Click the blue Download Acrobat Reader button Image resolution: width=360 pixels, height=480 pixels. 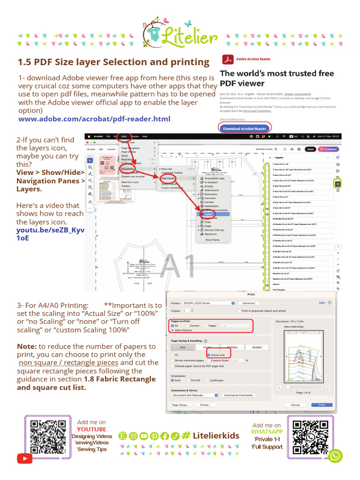click(x=245, y=128)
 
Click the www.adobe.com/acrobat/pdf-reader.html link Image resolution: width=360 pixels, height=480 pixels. click(x=94, y=119)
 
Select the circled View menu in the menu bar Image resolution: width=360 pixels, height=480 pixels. click(x=124, y=136)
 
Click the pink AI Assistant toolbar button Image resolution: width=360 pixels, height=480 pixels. click(x=329, y=149)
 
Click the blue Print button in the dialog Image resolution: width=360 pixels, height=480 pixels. click(x=322, y=405)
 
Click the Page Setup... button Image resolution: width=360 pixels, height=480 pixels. click(x=180, y=405)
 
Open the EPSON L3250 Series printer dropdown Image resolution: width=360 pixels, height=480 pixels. click(x=208, y=303)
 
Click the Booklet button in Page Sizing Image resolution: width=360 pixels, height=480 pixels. click(x=257, y=347)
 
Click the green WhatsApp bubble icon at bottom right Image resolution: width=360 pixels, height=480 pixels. click(x=336, y=456)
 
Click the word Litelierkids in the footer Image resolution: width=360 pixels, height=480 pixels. click(x=216, y=435)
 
